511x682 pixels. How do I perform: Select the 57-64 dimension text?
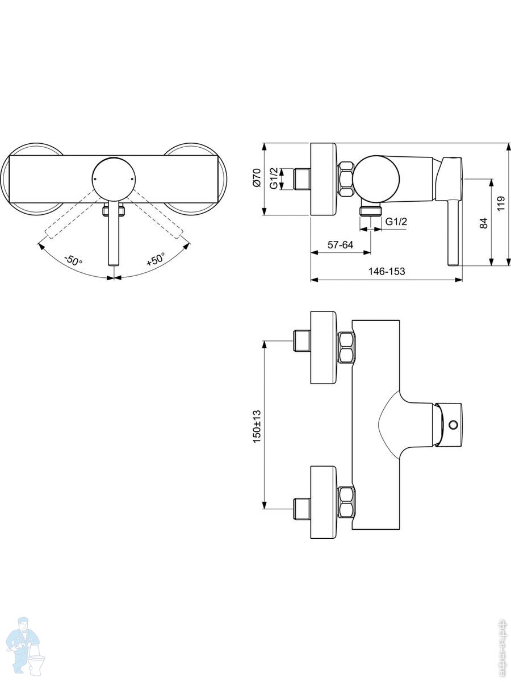click(x=340, y=245)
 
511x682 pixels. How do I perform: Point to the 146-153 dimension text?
click(x=387, y=271)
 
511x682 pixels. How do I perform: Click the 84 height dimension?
click(x=483, y=223)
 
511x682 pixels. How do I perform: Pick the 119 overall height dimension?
click(x=501, y=203)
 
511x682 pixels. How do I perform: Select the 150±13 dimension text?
click(x=257, y=427)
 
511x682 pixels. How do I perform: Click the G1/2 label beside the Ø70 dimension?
click(x=274, y=178)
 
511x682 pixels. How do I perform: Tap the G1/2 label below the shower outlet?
click(x=396, y=222)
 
